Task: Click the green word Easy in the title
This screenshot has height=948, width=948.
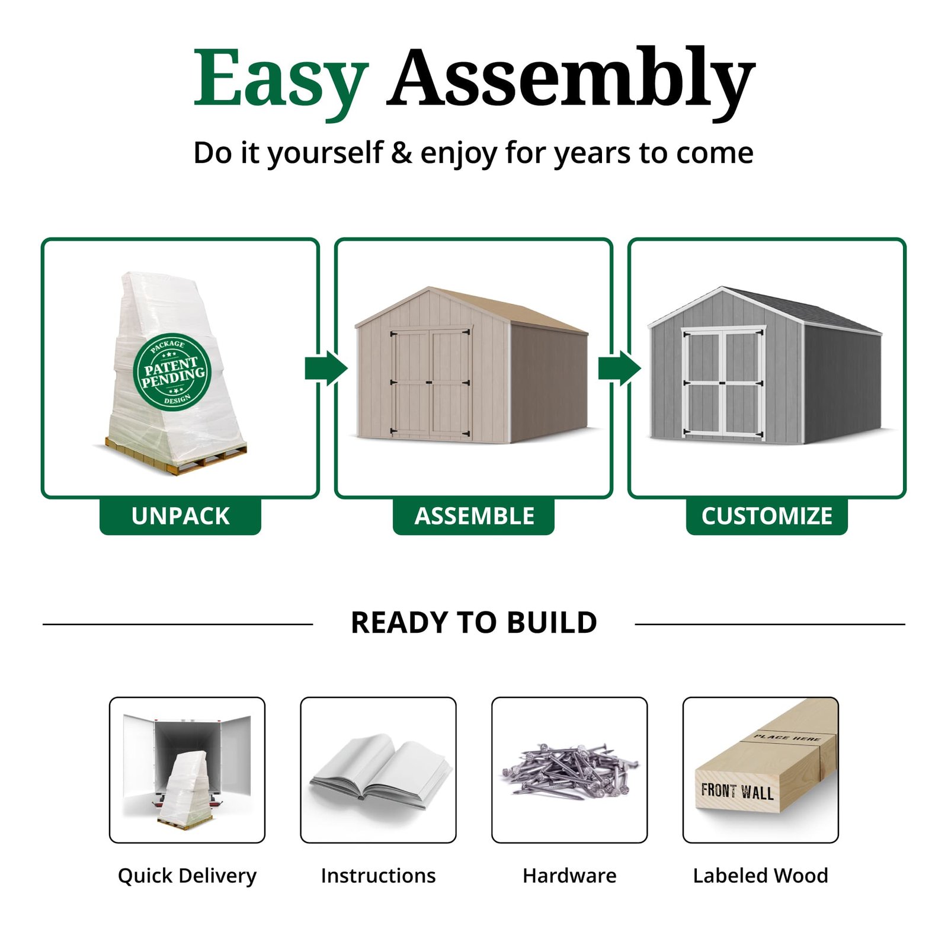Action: coord(281,80)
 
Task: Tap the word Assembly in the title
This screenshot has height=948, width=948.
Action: coord(570,80)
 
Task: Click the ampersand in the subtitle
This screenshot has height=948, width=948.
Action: coord(401,153)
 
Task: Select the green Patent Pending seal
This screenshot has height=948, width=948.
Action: coord(172,371)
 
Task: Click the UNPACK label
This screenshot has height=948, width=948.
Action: coord(180,516)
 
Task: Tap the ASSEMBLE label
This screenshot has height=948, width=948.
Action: coord(474,516)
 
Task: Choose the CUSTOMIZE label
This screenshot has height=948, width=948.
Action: coord(767,516)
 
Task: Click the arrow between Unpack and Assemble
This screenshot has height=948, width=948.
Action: coord(326,368)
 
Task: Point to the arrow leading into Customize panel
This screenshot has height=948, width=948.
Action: coord(619,368)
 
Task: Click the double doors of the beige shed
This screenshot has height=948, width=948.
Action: coord(431,382)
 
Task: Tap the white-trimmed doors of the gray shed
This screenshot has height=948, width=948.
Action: coord(723,382)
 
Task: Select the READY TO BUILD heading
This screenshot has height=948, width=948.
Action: coord(473,623)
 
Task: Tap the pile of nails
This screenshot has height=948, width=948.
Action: coord(569,770)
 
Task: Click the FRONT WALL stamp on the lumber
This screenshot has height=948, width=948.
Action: coord(737,791)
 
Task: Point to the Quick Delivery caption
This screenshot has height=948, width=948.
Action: coord(187,876)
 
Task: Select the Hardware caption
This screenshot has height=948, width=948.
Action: coord(569,876)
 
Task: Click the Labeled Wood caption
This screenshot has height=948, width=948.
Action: coord(761,876)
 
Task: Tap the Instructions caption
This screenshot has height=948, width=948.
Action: coord(378,876)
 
